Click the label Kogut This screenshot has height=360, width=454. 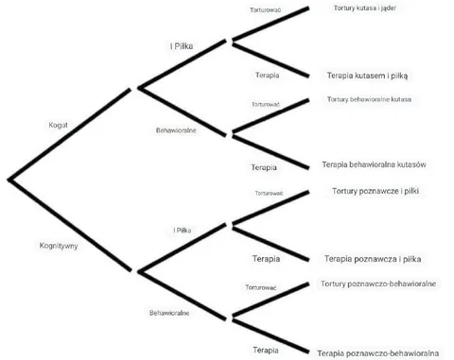pos(58,125)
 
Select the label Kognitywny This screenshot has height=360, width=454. pos(59,246)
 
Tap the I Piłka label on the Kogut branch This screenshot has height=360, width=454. pos(182,46)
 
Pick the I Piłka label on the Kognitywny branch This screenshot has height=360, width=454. pos(183,231)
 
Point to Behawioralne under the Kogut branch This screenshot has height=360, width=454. pos(176,130)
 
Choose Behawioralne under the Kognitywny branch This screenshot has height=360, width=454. pos(169,313)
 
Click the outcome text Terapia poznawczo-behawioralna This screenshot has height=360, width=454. pos(378,353)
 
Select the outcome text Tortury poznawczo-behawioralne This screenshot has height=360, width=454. pos(378,283)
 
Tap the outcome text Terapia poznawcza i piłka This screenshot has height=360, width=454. pos(373,259)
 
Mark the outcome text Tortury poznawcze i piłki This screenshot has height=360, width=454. pos(375,191)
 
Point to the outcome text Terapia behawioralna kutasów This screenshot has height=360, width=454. pos(374,164)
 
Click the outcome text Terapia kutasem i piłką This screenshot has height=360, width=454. pos(367,76)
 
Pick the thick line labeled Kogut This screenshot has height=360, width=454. pos(70,134)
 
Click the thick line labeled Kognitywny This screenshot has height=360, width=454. pos(70,225)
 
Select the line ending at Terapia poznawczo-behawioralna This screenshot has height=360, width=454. pos(271,335)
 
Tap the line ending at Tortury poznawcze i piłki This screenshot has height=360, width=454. pos(271,207)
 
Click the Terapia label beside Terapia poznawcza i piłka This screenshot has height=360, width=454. pos(266,259)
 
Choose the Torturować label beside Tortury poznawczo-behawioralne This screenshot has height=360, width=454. pos(261,287)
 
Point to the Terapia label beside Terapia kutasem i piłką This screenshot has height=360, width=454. pos(268,76)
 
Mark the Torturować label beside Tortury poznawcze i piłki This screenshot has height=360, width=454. pos(269,193)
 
